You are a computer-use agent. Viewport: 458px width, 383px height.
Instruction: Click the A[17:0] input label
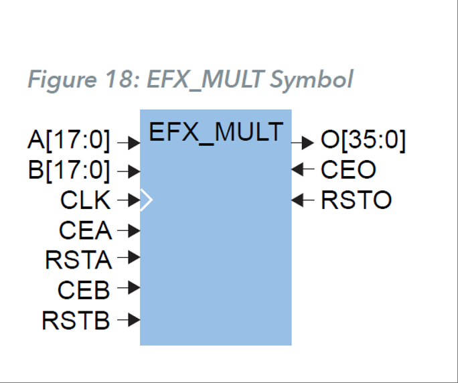(70, 141)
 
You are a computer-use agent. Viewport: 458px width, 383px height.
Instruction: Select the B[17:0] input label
(70, 171)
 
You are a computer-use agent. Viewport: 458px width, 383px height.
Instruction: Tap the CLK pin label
(86, 200)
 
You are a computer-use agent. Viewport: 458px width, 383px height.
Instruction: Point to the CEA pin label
(86, 230)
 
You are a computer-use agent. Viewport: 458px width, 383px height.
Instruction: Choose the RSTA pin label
(78, 259)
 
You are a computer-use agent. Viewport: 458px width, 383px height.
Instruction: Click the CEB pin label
(84, 289)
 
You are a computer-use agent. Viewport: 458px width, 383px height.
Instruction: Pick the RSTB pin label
(76, 321)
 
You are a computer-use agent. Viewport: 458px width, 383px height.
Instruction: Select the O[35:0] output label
(363, 141)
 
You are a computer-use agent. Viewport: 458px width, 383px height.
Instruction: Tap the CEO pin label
(348, 170)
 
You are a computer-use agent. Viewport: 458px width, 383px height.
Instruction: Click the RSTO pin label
(356, 200)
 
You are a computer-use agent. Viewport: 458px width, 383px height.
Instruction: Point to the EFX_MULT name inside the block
(216, 131)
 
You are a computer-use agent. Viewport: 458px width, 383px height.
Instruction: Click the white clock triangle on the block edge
(147, 200)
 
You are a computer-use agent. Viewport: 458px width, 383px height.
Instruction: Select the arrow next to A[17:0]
(129, 142)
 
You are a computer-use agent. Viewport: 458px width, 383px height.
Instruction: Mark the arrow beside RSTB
(129, 320)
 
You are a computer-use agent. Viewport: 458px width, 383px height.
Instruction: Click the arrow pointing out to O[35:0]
(303, 142)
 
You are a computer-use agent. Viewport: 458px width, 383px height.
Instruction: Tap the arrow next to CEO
(303, 170)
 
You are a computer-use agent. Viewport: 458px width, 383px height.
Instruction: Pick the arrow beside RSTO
(303, 200)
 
